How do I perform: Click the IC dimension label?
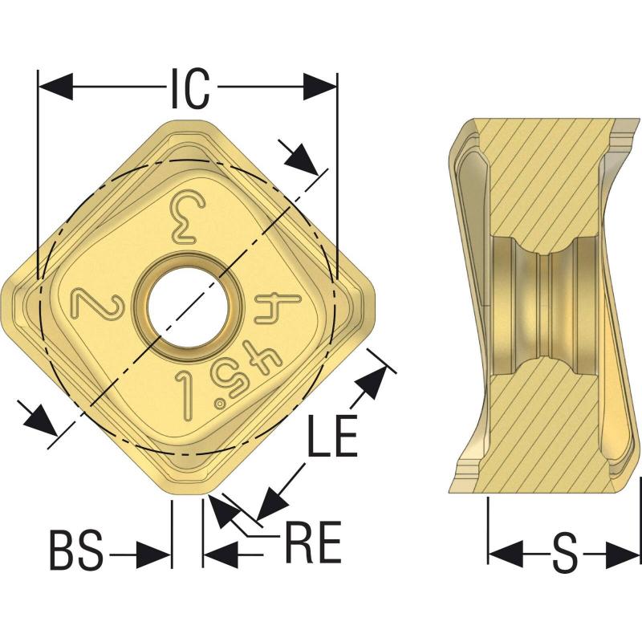[190, 89]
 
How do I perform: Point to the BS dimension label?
[76, 551]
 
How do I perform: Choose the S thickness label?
[565, 554]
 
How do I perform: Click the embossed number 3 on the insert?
[189, 217]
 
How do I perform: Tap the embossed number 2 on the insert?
[98, 303]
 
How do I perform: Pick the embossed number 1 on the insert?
[186, 395]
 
